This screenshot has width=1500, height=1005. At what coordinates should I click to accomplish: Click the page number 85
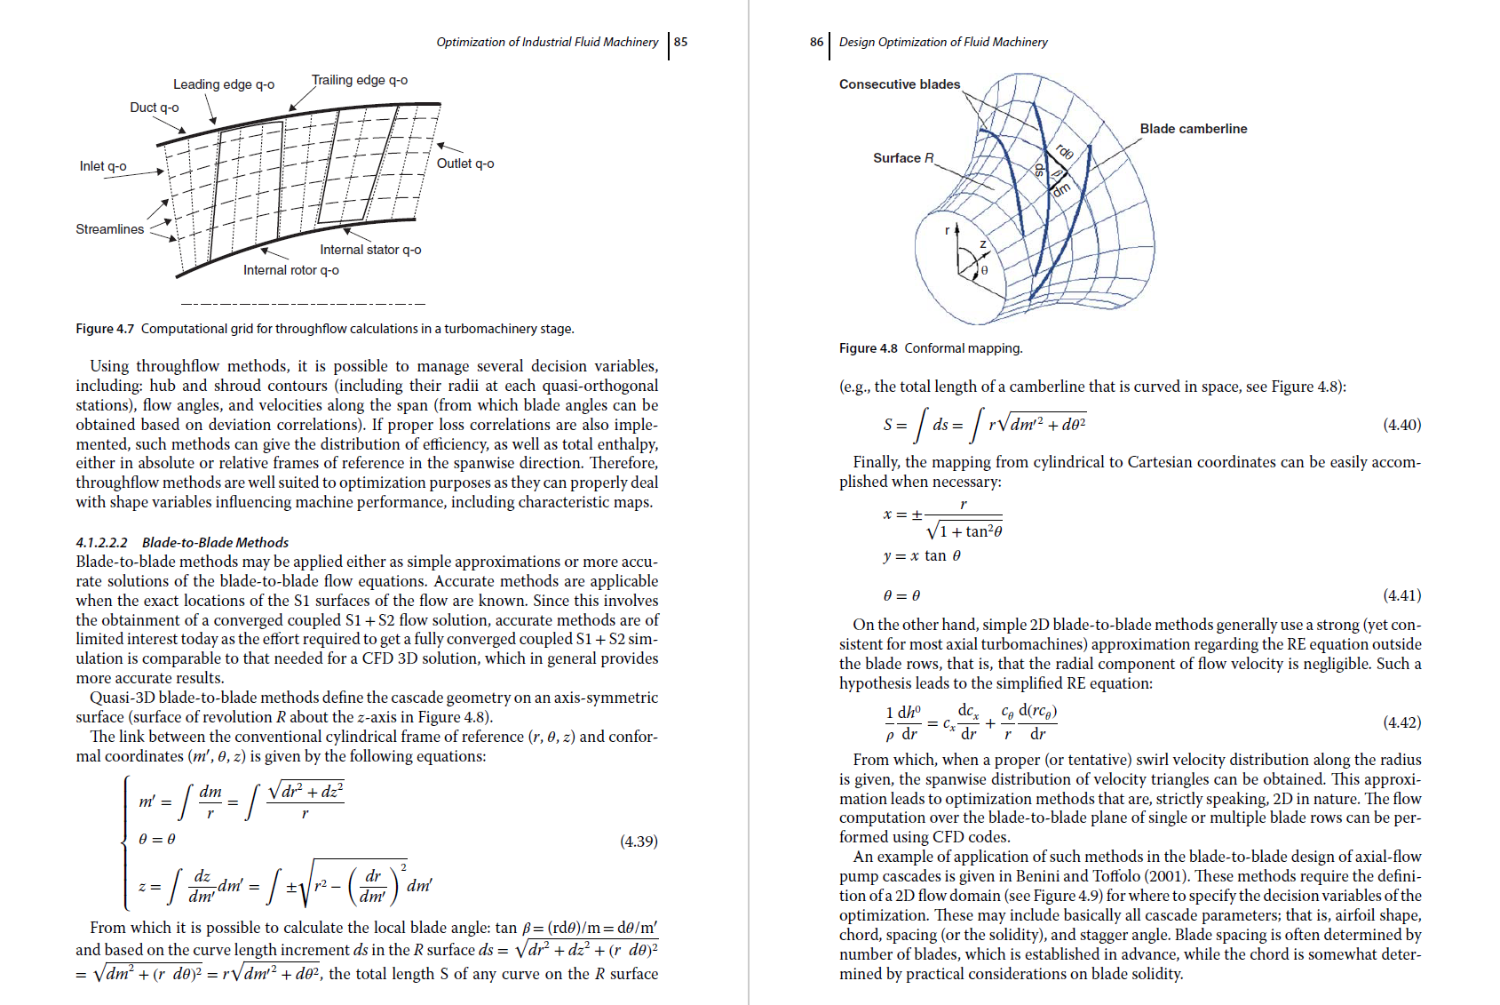coord(681,42)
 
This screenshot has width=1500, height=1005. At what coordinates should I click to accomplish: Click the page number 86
coord(816,42)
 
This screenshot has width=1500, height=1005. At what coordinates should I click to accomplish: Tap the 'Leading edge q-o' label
coord(224,84)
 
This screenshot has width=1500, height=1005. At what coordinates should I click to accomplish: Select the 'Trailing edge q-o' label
coord(360,80)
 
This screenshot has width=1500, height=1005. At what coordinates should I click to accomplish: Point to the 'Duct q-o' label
coord(155,108)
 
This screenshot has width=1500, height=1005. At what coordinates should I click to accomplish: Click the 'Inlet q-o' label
coord(103,166)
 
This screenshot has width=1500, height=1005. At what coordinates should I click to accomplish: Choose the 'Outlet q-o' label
coord(465,164)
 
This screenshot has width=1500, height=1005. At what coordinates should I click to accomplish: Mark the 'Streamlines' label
coord(109,229)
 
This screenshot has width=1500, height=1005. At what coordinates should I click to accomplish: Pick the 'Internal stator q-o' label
coord(370,250)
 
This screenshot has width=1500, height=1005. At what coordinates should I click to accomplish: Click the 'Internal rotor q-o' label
coord(291,270)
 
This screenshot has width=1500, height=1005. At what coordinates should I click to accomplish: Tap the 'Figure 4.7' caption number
coord(105,329)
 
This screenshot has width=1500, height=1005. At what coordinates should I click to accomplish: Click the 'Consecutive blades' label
coord(900,84)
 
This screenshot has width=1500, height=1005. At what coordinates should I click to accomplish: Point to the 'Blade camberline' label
coord(1194,129)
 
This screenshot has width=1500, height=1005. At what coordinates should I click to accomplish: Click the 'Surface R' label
coord(903,158)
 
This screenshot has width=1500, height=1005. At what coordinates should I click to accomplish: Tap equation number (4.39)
coord(639,841)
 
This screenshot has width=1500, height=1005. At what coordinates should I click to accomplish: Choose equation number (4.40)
coord(1401,425)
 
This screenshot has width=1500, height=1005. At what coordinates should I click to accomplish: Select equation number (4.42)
coord(1401,722)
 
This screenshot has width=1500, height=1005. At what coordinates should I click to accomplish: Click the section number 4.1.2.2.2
coord(102,542)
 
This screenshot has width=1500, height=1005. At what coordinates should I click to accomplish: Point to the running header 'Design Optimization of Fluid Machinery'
coord(943,42)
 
